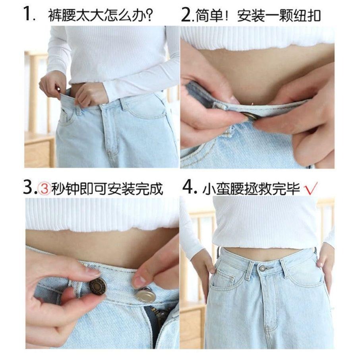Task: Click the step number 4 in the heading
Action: click(x=187, y=188)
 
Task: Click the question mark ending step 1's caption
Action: click(x=149, y=15)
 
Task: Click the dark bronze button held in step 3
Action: click(x=98, y=286)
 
